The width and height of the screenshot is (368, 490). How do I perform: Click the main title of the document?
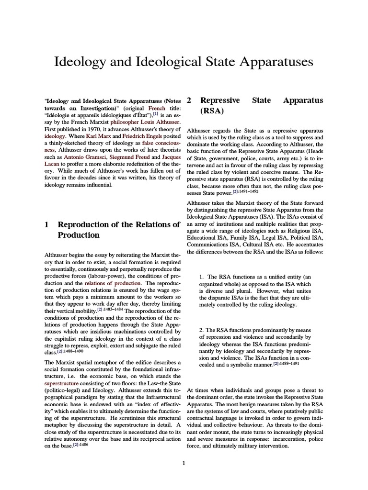coord(184,62)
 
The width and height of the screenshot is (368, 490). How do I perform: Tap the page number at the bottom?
coord(184,463)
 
